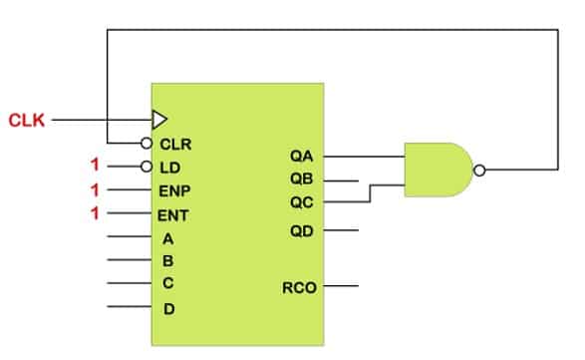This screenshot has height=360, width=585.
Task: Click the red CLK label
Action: click(28, 121)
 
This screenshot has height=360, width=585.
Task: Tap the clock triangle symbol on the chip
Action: click(159, 120)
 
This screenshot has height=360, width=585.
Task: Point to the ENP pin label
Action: click(175, 190)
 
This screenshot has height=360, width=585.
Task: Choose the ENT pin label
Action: click(175, 213)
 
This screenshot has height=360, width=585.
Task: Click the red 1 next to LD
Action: click(96, 166)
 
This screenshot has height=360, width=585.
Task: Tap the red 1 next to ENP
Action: click(96, 189)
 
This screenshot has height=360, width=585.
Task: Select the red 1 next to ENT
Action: click(96, 213)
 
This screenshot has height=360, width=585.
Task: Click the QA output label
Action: click(302, 157)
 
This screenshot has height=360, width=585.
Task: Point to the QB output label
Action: click(302, 180)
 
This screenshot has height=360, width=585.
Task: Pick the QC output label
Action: click(302, 203)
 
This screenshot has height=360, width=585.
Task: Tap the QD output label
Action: click(302, 231)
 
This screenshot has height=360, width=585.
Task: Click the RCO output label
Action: click(299, 288)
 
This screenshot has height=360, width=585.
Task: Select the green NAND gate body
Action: click(437, 170)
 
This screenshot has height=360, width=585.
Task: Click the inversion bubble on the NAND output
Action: click(479, 171)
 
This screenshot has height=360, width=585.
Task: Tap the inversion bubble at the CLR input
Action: click(146, 143)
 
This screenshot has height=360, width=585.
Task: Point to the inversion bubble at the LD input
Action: click(146, 167)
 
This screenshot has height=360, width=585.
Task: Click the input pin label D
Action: click(168, 308)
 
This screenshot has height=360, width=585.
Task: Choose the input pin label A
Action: click(168, 238)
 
